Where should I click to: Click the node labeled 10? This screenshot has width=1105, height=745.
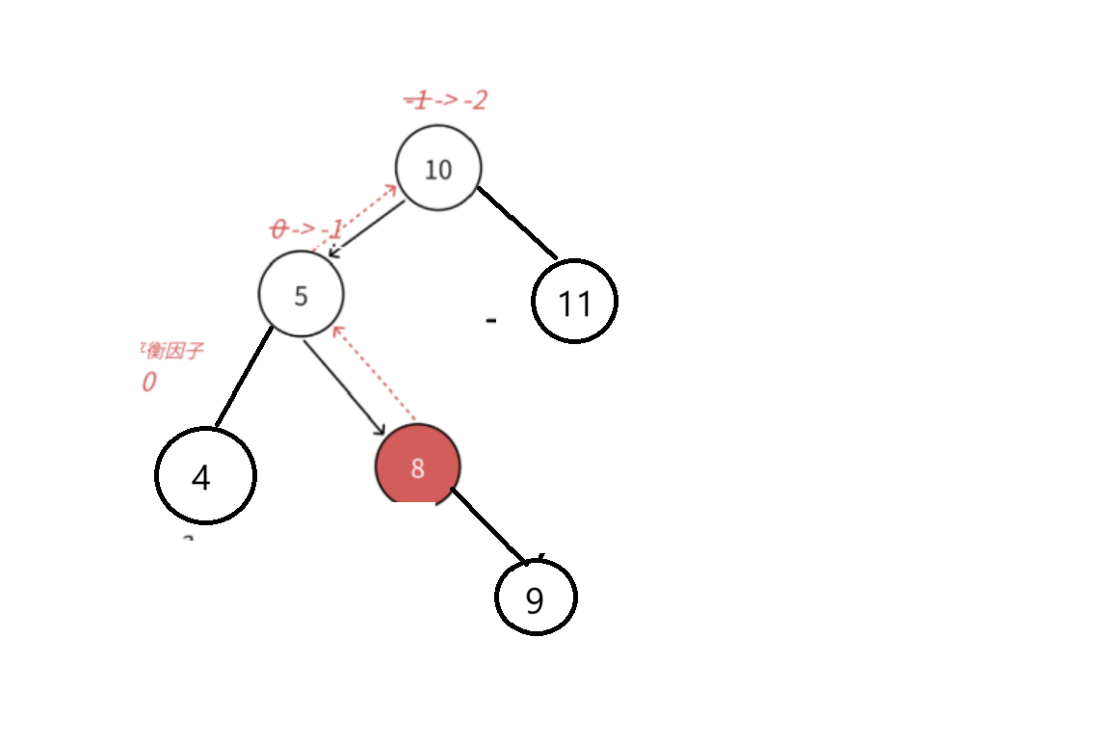tap(438, 169)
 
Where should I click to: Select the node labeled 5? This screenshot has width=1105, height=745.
tap(301, 295)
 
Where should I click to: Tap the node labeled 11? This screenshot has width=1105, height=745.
tap(574, 302)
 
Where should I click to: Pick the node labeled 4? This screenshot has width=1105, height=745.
tap(204, 476)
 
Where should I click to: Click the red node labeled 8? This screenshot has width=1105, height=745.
tap(417, 467)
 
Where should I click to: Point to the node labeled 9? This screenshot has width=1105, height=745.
tap(536, 598)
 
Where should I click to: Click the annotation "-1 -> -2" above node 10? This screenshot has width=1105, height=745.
tap(445, 99)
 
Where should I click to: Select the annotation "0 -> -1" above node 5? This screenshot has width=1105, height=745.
tap(307, 229)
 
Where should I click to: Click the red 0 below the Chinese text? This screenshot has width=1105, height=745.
tap(148, 383)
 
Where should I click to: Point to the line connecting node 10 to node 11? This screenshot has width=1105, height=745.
tap(518, 224)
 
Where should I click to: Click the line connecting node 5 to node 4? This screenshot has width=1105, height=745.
tap(244, 378)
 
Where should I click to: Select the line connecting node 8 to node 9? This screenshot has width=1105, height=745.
tap(488, 525)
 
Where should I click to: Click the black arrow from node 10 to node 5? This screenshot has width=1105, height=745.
tap(367, 228)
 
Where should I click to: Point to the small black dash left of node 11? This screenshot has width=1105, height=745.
tap(491, 320)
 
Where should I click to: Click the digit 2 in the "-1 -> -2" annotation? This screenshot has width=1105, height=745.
tap(478, 99)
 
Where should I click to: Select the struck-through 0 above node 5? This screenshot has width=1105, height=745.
tap(278, 229)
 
